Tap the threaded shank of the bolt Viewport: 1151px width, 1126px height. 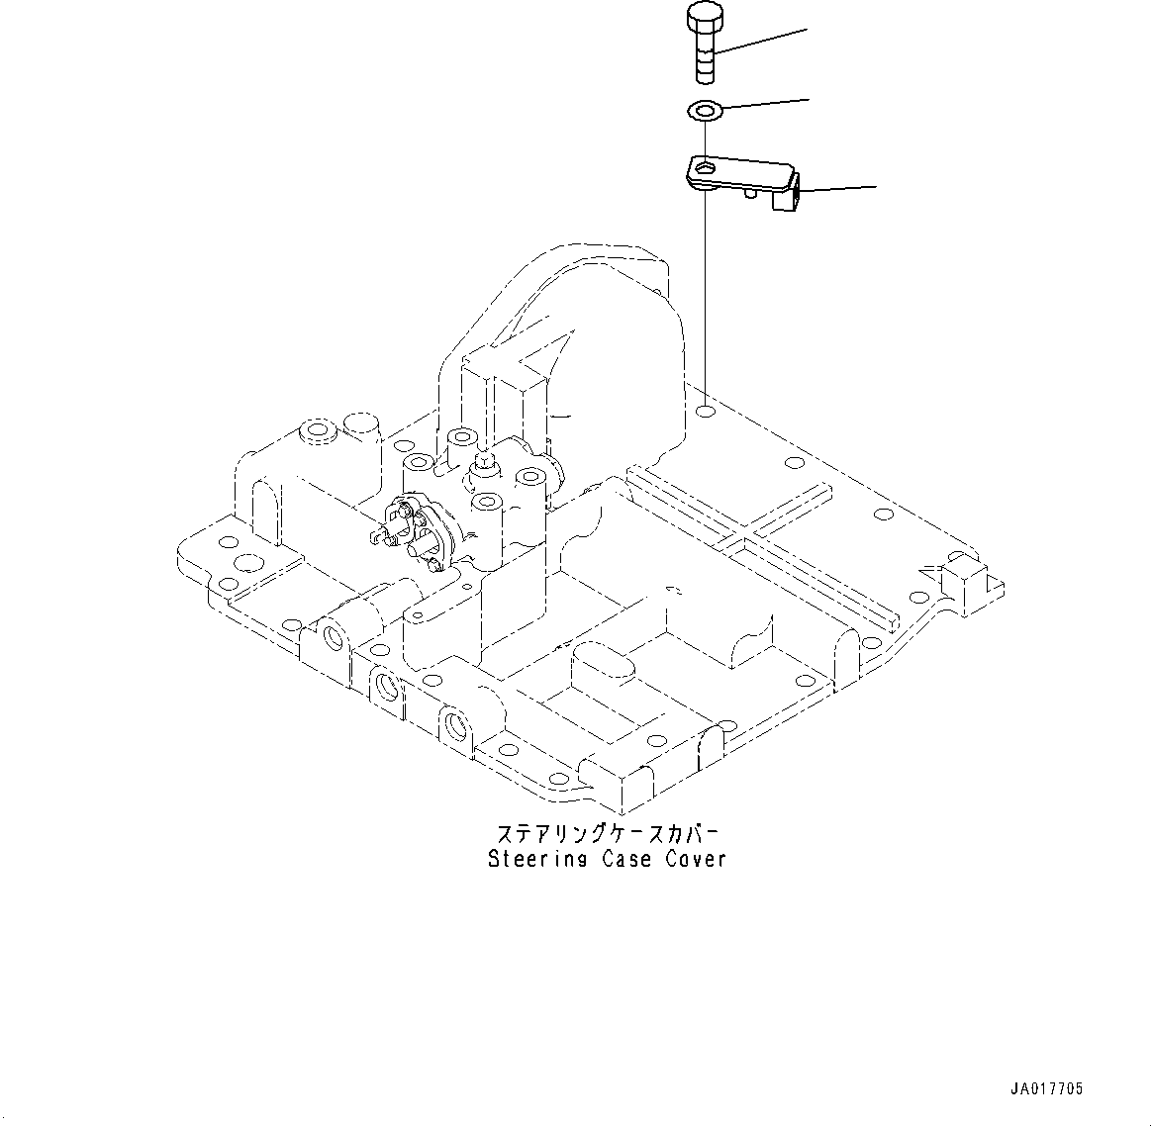[703, 59]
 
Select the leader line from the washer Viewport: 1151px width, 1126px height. [767, 103]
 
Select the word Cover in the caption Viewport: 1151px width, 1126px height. [696, 859]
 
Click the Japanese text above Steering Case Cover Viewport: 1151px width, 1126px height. [606, 832]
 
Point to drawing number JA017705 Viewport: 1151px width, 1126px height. [1047, 1088]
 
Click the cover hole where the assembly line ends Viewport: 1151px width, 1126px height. [704, 411]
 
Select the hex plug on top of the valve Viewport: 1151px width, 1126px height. [486, 459]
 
